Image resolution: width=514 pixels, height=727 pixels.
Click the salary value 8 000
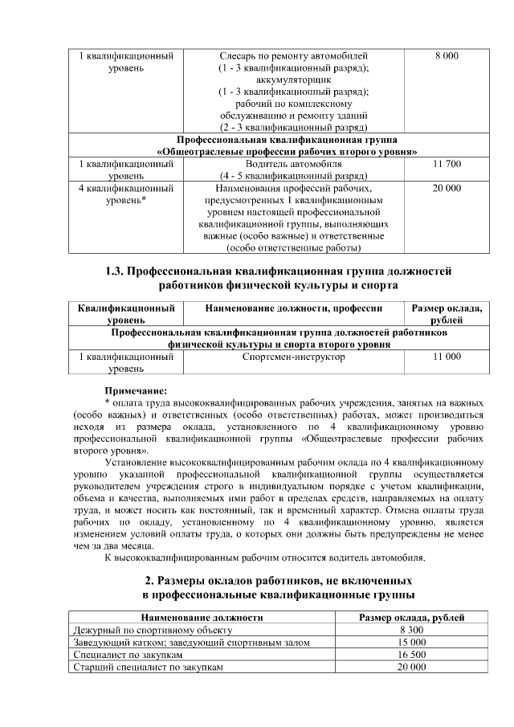[447, 56]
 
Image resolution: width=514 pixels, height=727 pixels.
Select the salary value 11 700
[447, 164]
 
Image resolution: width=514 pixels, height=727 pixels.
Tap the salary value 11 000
[447, 357]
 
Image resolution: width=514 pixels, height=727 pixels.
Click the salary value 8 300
[411, 630]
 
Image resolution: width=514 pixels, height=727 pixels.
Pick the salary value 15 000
[411, 643]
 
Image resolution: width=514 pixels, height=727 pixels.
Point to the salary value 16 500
[411, 655]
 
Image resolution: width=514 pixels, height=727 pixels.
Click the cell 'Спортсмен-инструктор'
[293, 357]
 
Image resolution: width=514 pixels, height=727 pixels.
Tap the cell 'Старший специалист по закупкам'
[148, 667]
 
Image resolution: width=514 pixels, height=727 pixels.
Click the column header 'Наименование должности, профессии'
[293, 308]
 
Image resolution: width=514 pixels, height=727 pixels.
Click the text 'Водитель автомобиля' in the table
[293, 164]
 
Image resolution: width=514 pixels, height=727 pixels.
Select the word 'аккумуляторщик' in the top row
[293, 80]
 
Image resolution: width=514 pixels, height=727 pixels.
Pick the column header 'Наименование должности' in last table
[202, 618]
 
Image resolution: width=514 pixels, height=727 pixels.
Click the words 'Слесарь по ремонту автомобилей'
[293, 56]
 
